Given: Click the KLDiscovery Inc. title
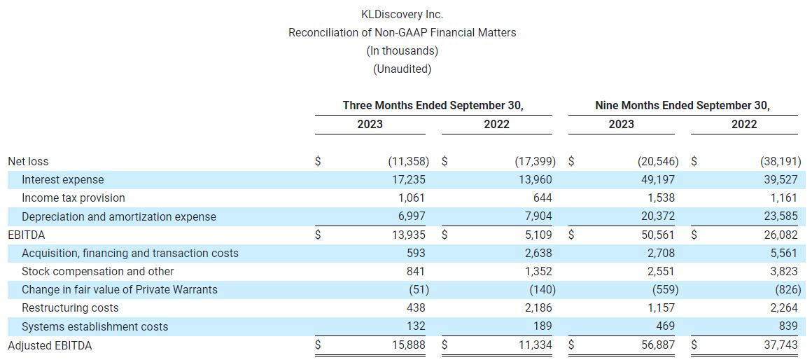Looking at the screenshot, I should coord(402,14).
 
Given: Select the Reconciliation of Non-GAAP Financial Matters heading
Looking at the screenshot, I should coord(402,32).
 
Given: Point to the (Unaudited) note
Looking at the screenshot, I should coord(402,69).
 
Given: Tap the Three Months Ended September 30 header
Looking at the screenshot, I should coord(433,105).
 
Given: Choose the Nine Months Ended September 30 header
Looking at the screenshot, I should coord(682,105).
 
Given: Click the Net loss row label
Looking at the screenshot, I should coord(28,161).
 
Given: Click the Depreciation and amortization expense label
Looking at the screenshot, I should coord(119,216).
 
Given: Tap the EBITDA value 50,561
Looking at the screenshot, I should coord(658,235).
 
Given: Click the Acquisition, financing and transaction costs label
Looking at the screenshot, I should coord(130,253).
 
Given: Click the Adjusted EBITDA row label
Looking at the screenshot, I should coord(50,345).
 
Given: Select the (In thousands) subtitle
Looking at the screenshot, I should coord(402,50).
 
